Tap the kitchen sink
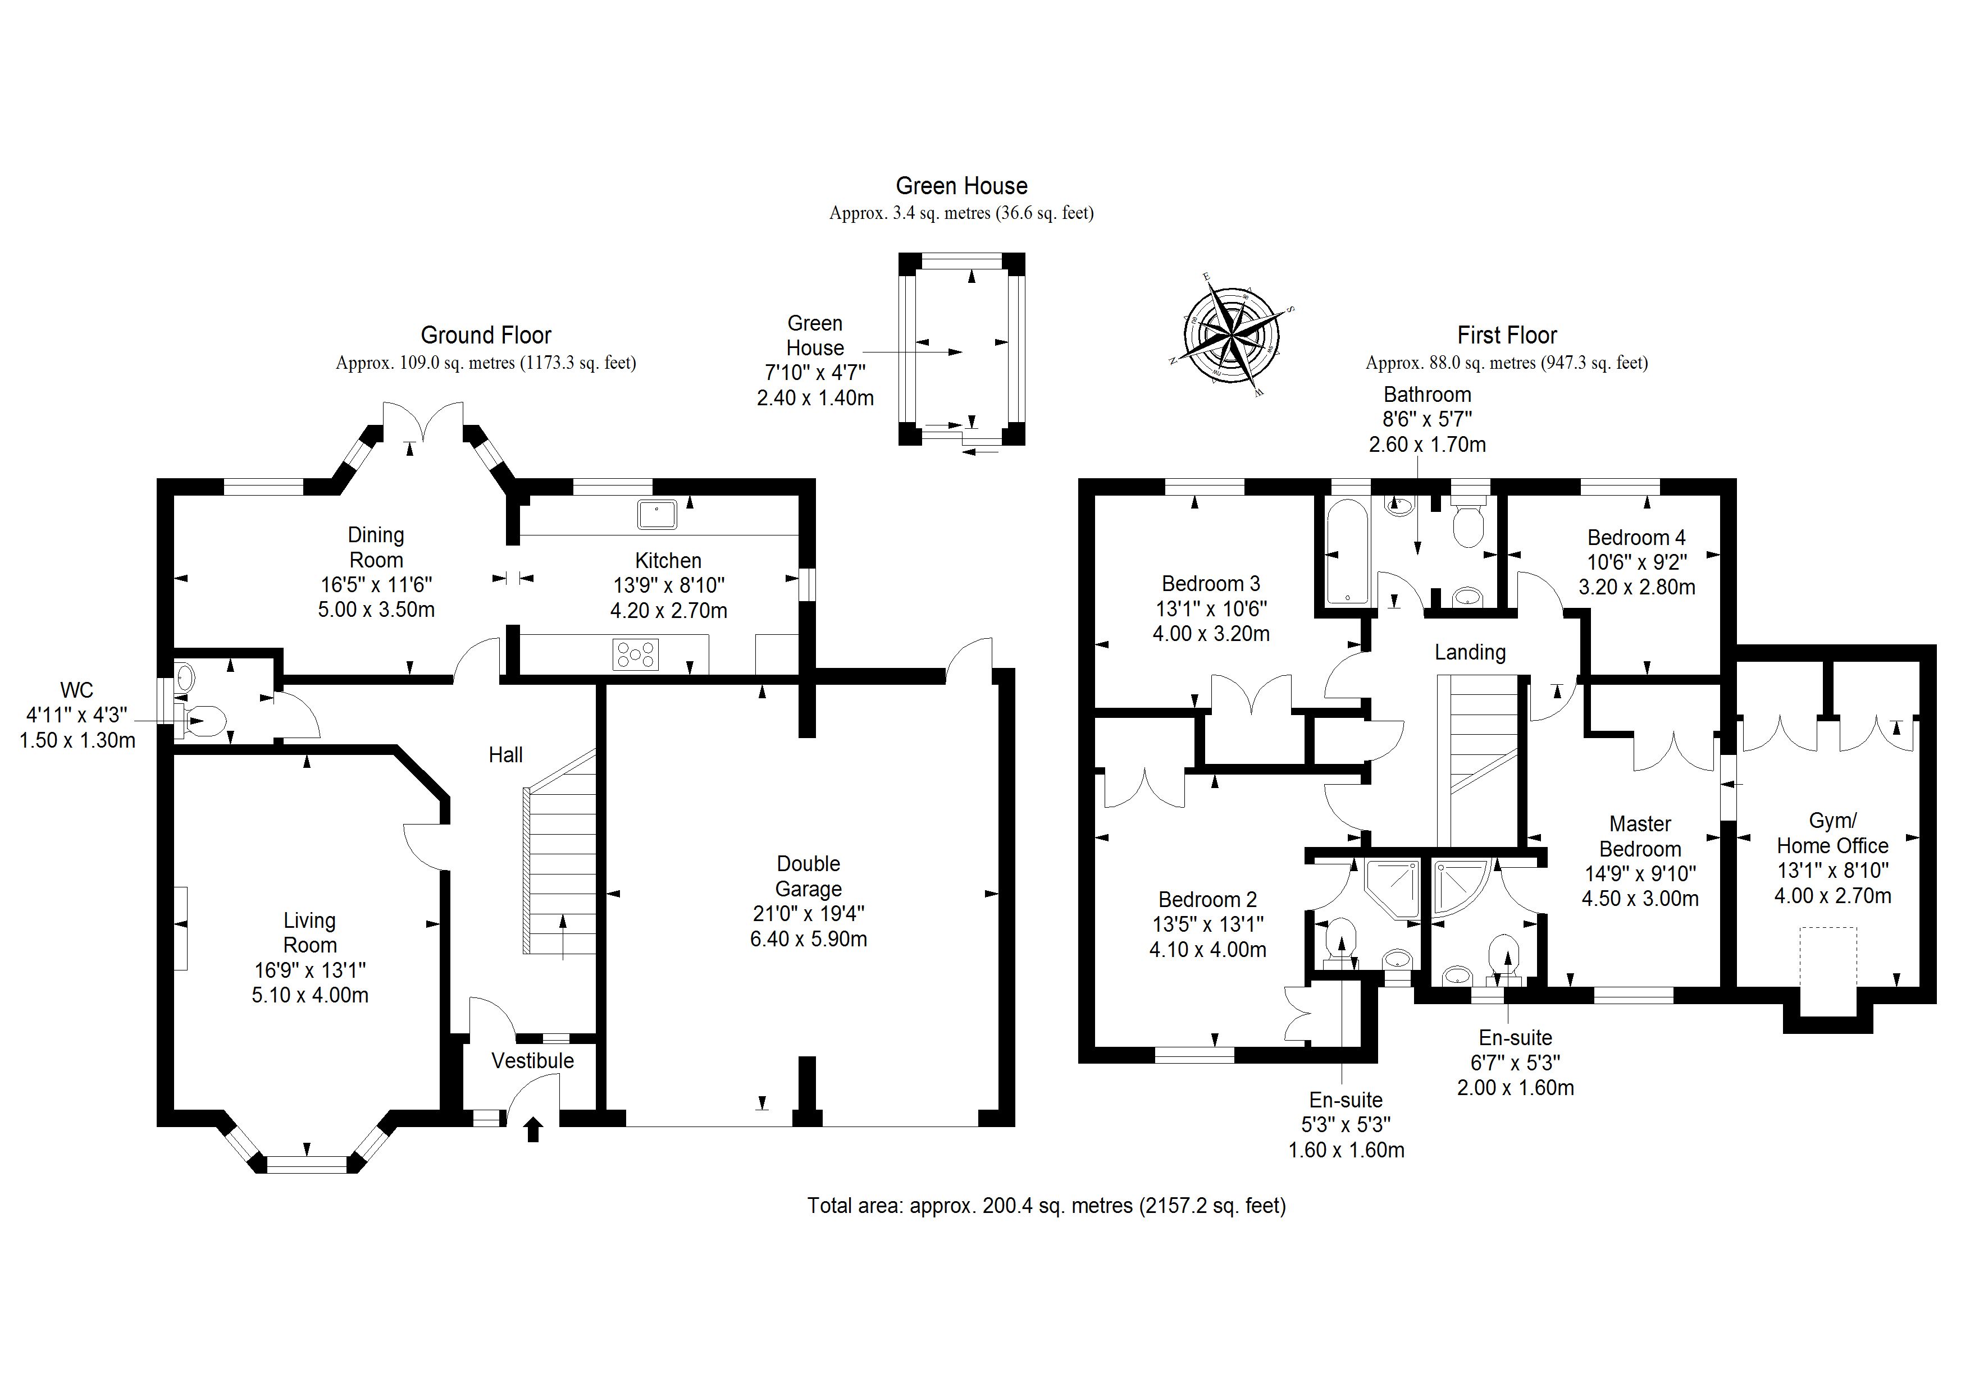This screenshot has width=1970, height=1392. pos(657,514)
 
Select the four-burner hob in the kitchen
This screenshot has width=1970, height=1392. pos(636,654)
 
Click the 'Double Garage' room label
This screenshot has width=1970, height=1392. pos(808,877)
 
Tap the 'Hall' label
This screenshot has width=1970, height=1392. pos(505,755)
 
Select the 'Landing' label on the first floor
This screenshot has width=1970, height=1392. pos(1470,653)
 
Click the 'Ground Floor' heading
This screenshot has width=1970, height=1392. pos(486,335)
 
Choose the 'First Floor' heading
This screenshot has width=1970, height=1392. pos(1507,335)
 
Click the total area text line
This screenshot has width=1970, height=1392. pos(1046,1206)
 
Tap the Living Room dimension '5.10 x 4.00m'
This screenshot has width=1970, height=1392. pos(310,995)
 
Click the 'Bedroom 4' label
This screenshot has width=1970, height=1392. pos(1636,538)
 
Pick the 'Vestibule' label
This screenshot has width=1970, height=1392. pos(533,1061)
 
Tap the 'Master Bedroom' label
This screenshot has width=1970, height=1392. pos(1640,836)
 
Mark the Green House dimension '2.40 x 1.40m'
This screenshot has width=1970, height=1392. pos(815,398)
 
